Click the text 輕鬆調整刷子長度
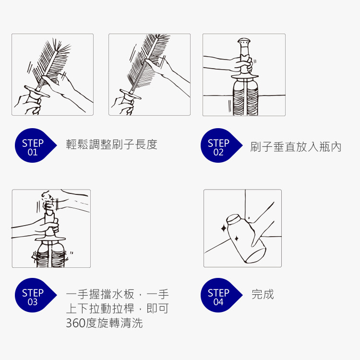point(111,144)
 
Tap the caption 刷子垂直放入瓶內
point(296,147)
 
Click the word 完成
point(263,294)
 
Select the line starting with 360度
point(104,323)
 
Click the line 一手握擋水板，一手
point(117,294)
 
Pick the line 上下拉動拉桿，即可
point(117,308)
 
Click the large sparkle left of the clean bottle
point(224,228)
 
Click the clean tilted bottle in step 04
point(246,238)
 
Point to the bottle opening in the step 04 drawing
point(233,218)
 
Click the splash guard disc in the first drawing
point(37,91)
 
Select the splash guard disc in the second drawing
point(130,94)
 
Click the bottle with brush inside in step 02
point(245,96)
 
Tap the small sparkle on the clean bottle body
point(237,239)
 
